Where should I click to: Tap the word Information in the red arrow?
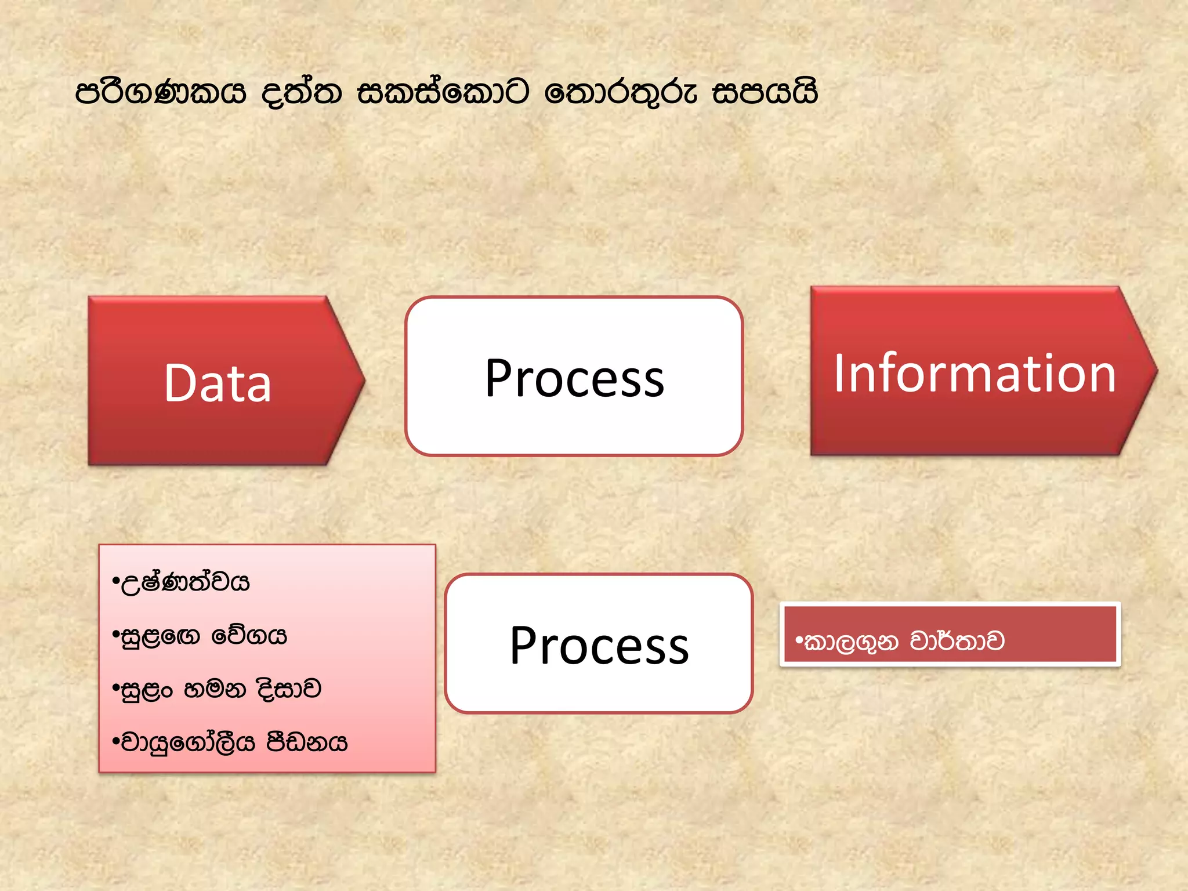coord(975,374)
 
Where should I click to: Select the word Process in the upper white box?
coord(574,378)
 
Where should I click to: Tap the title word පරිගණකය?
coord(161,93)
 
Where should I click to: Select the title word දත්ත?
coord(302,93)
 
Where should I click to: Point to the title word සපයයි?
coord(765,93)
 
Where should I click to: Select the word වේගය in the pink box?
coord(249,636)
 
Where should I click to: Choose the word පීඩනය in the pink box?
coord(306,742)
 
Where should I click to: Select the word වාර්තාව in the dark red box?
coord(957,641)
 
